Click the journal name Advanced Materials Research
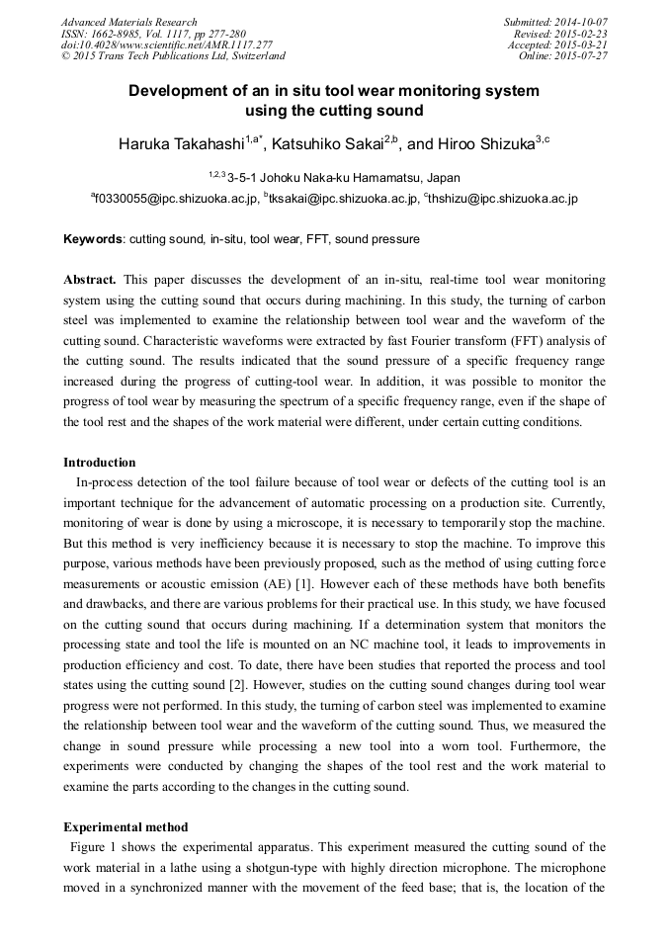click(x=128, y=22)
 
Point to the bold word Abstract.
click(x=90, y=281)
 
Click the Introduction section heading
click(x=100, y=463)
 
